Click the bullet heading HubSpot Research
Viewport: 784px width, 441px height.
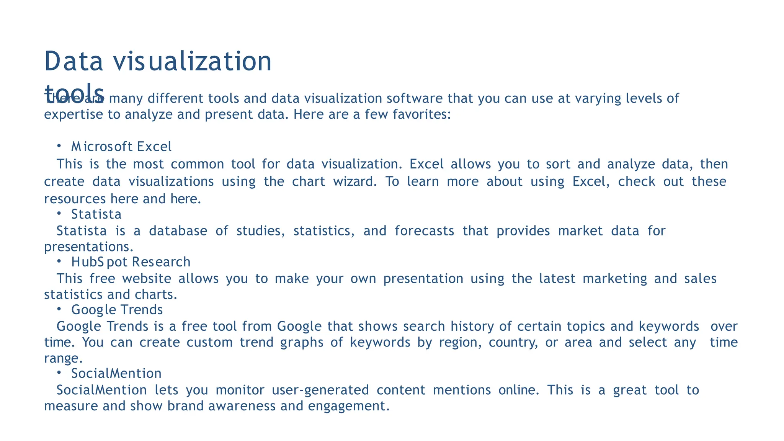131,262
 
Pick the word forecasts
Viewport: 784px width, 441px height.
425,231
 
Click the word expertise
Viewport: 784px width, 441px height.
73,114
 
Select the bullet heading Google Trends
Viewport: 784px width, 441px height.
117,310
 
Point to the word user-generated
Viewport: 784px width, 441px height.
320,390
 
